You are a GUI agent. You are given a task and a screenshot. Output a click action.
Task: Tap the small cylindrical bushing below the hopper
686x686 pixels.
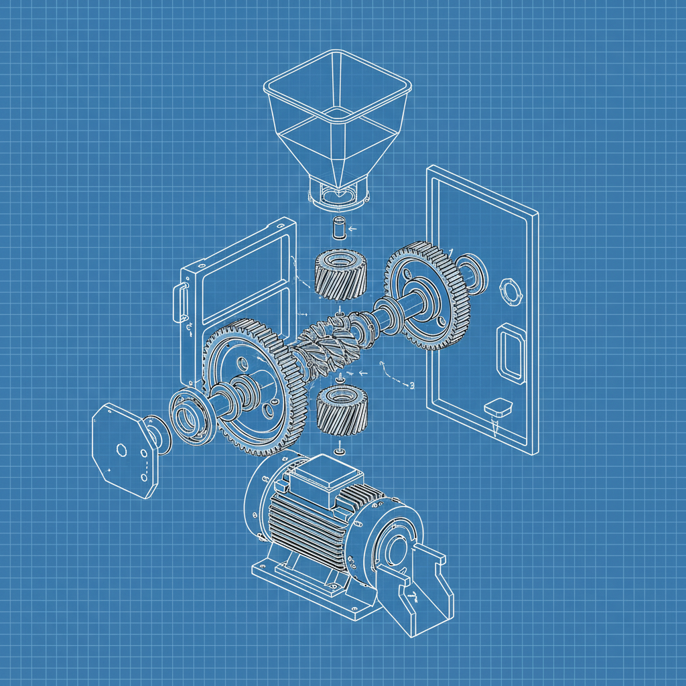(x=338, y=227)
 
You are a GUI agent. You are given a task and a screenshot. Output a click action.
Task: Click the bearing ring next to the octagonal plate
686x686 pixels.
(x=191, y=419)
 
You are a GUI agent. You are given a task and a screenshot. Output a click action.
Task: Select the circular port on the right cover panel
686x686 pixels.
(x=510, y=292)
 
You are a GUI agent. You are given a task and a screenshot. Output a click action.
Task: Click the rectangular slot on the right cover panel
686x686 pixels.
(x=510, y=352)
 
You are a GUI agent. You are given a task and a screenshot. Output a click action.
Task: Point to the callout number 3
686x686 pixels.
(x=411, y=385)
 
